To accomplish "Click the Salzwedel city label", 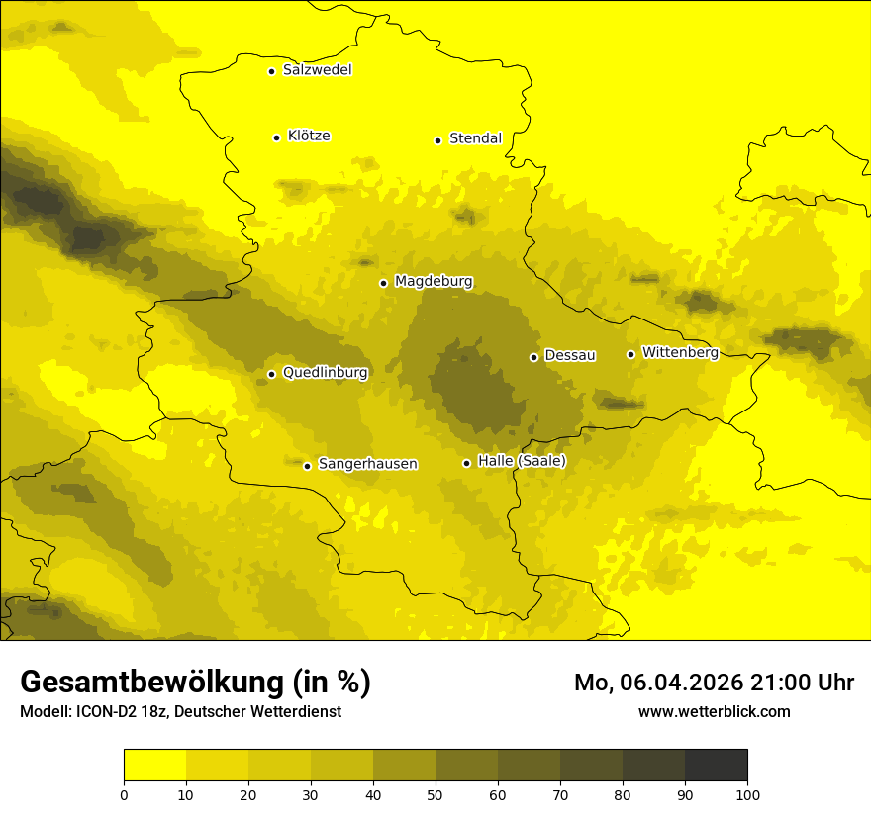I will pos(317,70).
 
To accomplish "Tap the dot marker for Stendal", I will pos(437,140).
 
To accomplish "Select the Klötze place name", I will pos(309,136).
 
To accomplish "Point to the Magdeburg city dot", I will pos(383,283).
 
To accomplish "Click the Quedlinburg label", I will pos(325,373).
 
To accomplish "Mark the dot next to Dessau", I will pos(533,357).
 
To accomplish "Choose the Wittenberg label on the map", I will pos(680,352).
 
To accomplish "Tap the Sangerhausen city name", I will pos(367,464).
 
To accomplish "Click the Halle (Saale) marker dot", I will pos(466,463).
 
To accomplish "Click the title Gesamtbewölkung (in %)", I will pos(195,683).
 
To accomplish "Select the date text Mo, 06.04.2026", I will pos(657,683).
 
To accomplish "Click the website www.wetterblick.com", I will pos(714,712).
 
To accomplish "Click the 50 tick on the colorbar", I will pos(435,794).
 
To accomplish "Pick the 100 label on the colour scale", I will pos(747,794).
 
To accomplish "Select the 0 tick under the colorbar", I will pos(124,794).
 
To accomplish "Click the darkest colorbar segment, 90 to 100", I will pos(716,766).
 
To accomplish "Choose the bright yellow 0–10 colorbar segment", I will pos(154,766).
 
